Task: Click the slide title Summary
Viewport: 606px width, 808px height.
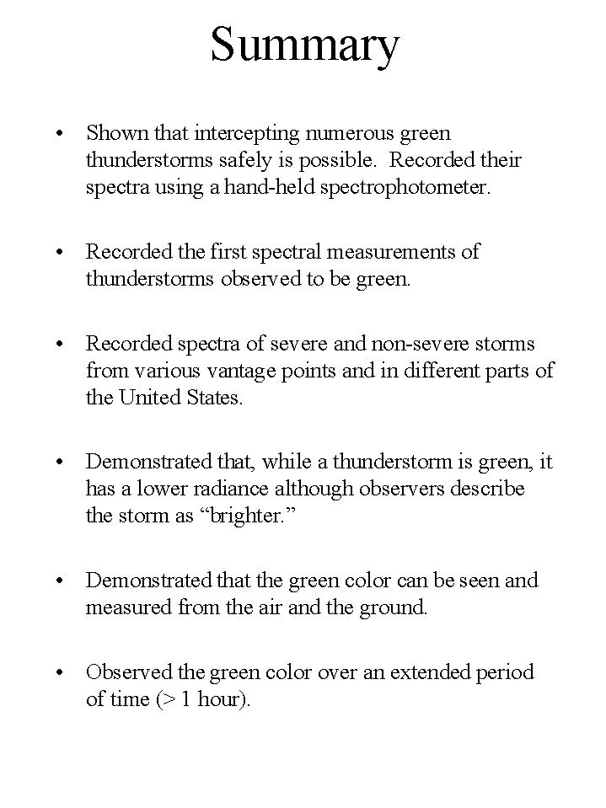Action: tap(304, 45)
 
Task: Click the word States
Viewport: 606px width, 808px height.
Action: tap(212, 398)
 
